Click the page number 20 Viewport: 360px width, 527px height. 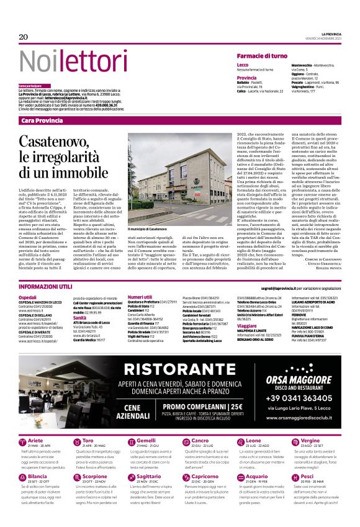click(x=24, y=37)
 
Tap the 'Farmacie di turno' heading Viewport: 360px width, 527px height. click(x=261, y=56)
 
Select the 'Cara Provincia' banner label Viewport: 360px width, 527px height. click(x=42, y=120)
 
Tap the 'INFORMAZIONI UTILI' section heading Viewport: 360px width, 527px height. click(x=45, y=287)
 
